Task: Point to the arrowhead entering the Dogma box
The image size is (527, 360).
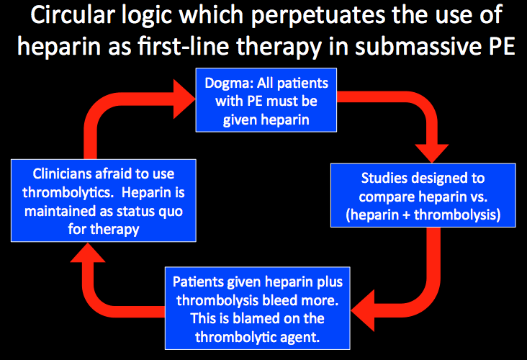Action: [x=184, y=99]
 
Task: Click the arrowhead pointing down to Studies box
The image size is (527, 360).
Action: [x=431, y=153]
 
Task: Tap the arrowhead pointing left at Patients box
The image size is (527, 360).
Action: [x=363, y=310]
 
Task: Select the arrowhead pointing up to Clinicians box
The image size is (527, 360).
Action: [x=88, y=252]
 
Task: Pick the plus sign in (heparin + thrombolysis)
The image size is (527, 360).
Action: [x=406, y=215]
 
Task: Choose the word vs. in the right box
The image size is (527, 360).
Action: [x=479, y=197]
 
